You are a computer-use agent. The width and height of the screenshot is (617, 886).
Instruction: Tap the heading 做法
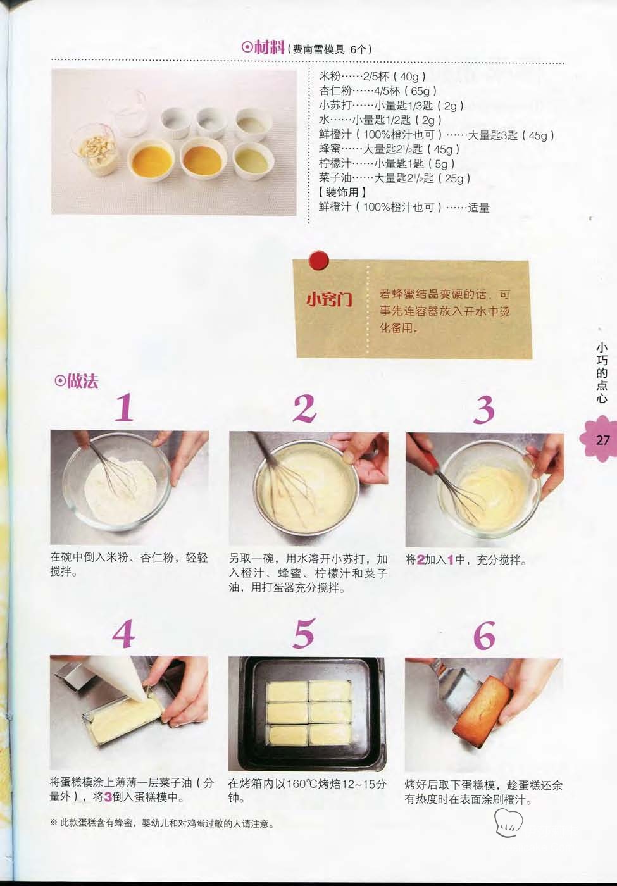click(82, 381)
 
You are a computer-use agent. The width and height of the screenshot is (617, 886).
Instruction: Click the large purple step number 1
click(125, 408)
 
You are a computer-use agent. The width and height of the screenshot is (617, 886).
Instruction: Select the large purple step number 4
click(123, 633)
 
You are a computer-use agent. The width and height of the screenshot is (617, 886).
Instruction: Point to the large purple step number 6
click(484, 634)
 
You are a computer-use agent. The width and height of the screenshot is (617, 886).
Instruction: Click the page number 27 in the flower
click(602, 440)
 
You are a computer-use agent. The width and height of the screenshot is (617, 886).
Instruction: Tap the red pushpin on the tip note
click(319, 260)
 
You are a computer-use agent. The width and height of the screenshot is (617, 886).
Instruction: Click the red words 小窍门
click(329, 300)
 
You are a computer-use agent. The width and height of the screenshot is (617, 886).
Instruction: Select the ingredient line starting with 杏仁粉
click(378, 91)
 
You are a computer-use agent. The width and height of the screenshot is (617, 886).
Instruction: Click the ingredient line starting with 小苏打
click(391, 106)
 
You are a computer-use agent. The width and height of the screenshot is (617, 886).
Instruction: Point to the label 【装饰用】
click(342, 192)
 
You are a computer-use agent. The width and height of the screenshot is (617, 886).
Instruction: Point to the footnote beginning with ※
click(162, 824)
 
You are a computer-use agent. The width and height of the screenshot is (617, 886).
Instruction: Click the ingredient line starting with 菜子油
click(395, 178)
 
